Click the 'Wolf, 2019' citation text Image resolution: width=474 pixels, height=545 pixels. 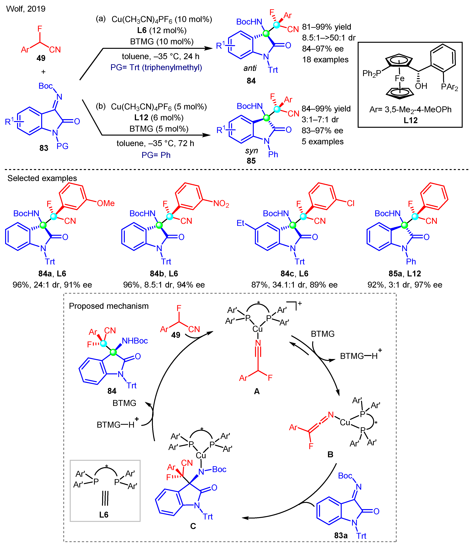(26, 9)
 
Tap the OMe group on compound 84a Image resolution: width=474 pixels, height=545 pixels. (106, 203)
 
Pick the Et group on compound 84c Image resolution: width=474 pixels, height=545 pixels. (241, 223)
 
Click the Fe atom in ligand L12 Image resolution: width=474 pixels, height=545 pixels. (399, 78)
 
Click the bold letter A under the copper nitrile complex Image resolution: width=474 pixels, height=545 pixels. (257, 391)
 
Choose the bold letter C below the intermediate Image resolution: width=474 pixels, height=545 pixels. (193, 526)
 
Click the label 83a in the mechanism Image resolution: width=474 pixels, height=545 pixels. (341, 535)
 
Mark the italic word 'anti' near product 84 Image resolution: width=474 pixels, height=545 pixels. (250, 68)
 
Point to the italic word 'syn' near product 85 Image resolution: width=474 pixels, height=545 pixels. (251, 151)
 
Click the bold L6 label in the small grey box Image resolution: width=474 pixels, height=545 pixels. (104, 515)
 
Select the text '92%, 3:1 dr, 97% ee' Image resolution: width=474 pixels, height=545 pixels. (405, 285)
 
